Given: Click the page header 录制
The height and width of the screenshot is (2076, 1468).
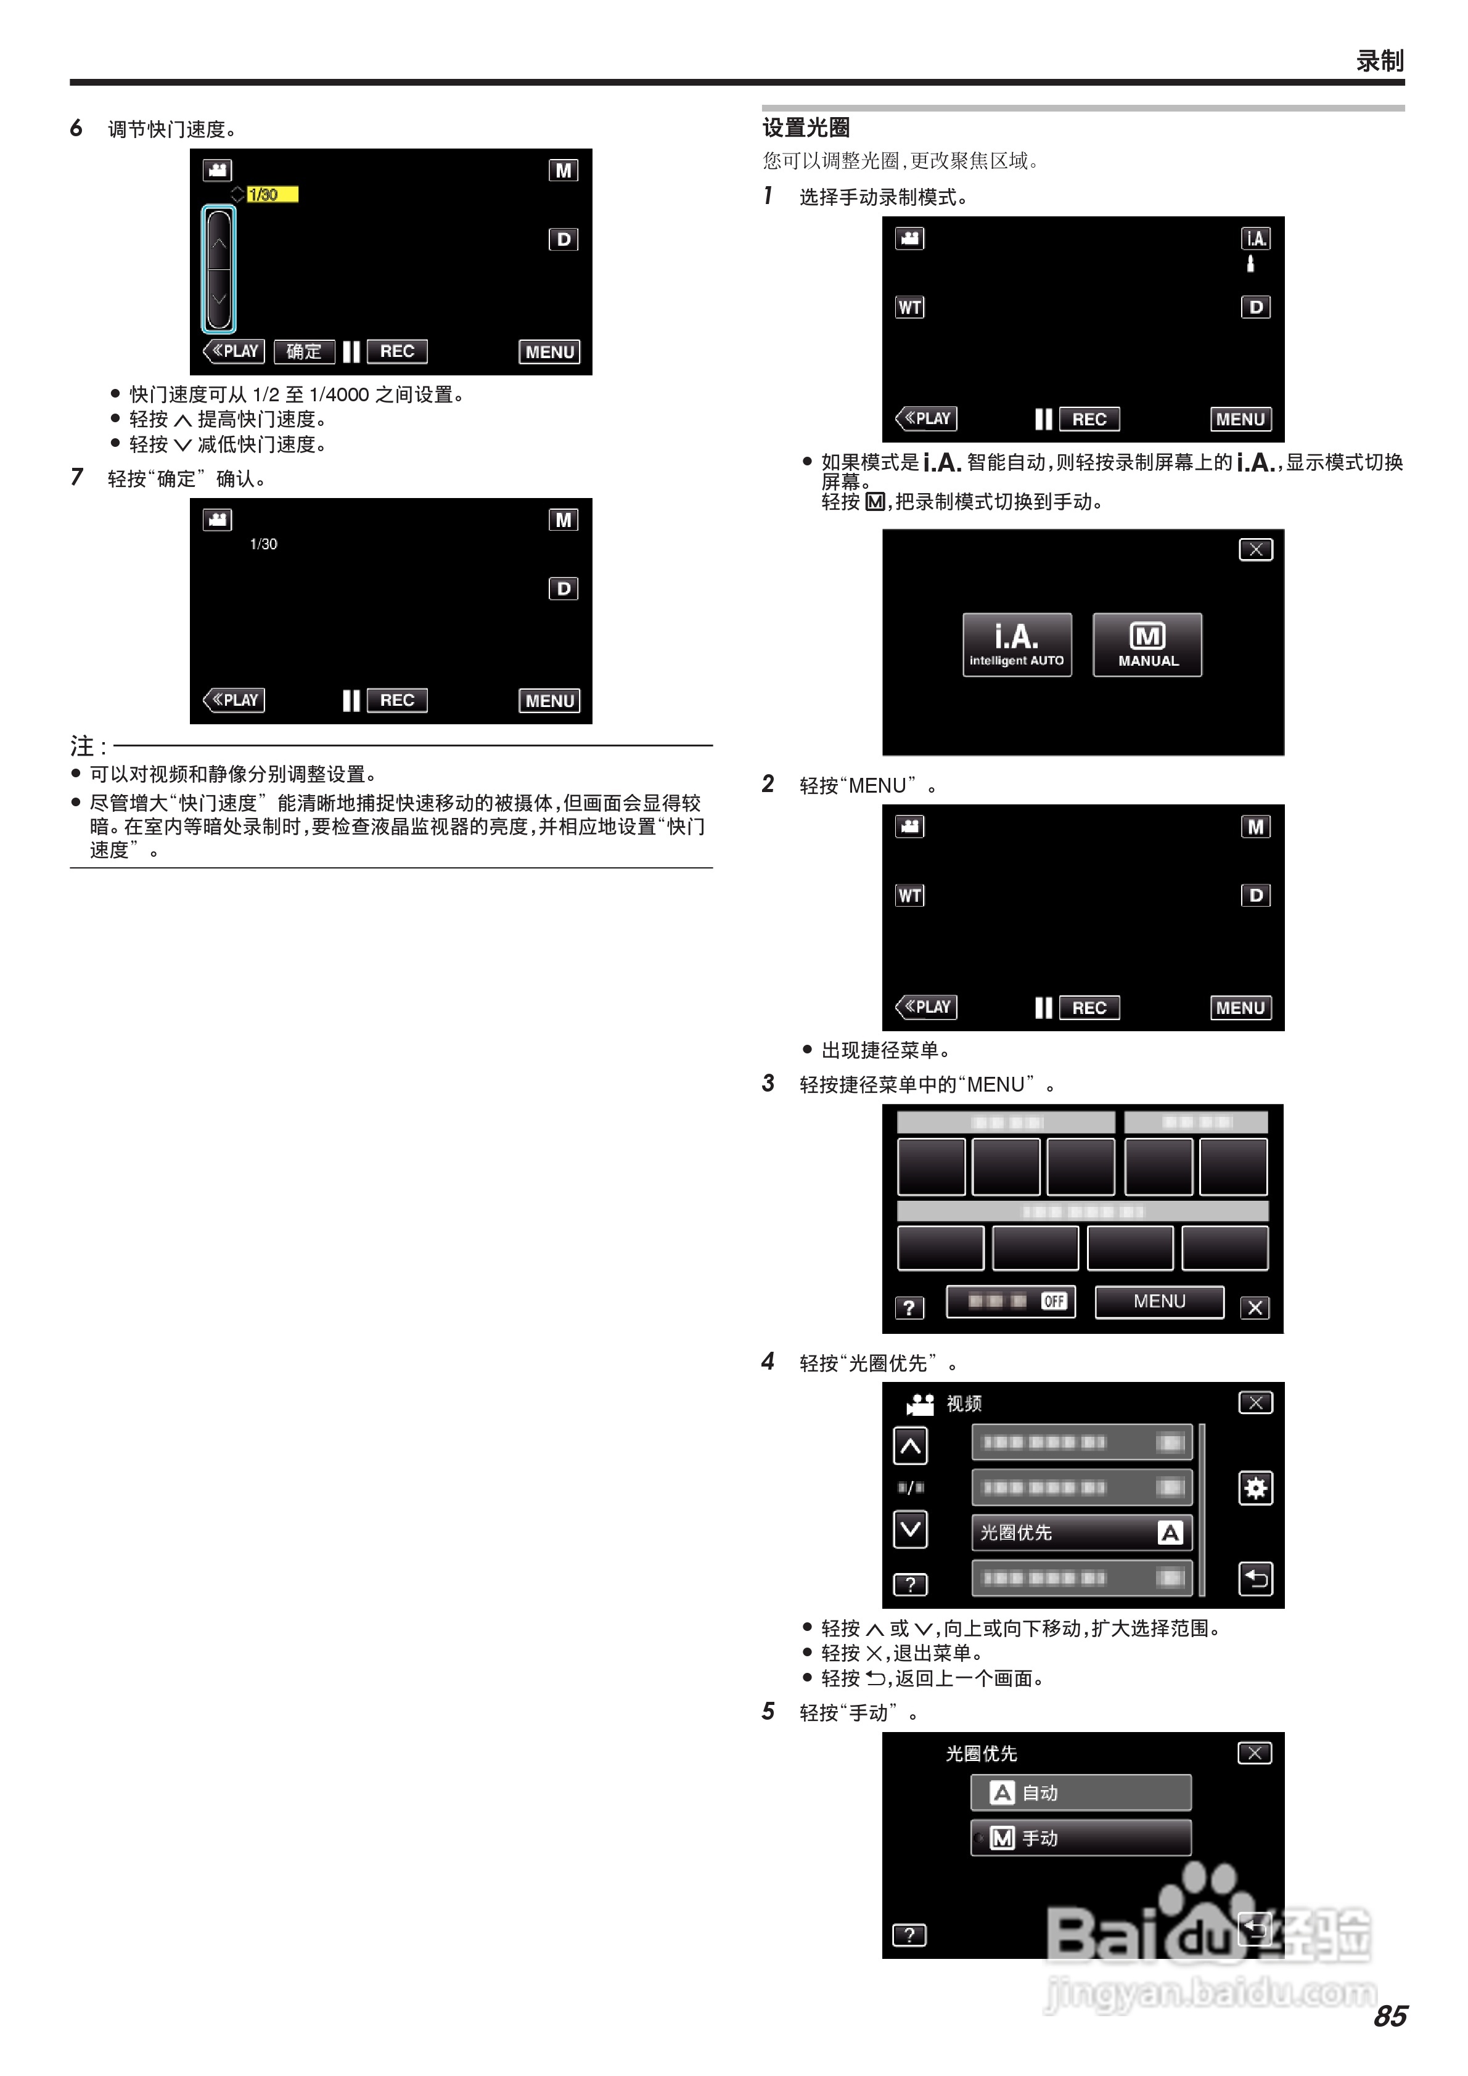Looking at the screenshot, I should click(1379, 60).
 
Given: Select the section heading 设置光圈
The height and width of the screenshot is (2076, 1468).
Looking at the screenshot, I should click(806, 128).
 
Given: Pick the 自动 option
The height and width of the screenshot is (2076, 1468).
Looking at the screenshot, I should click(1081, 1792).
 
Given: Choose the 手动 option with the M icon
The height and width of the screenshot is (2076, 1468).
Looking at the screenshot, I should click(1081, 1838).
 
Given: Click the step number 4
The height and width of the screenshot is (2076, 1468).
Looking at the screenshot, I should click(768, 1361).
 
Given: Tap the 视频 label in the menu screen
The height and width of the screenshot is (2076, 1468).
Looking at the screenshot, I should click(963, 1404).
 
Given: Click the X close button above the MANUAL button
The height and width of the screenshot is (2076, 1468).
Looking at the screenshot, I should click(1255, 550).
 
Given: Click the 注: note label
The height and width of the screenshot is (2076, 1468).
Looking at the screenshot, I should click(88, 746).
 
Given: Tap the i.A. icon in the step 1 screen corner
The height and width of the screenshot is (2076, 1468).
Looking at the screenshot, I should click(1255, 239).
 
